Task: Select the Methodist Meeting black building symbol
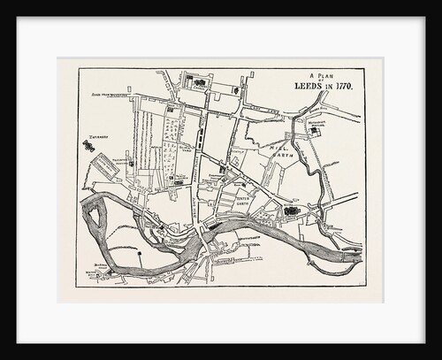tap(314, 131)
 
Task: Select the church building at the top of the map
tap(198, 83)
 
